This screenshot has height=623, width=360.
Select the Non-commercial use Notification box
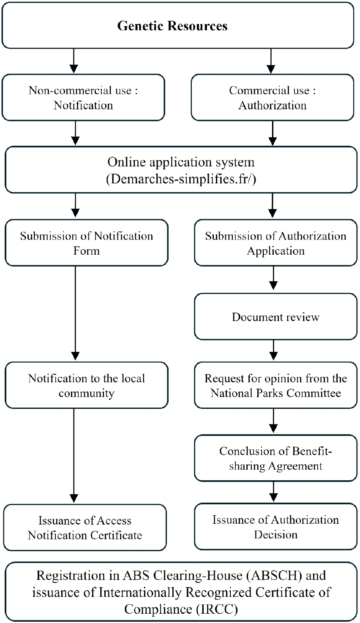(83, 98)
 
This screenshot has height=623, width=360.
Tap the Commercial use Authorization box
(273, 98)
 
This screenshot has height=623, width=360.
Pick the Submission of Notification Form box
(86, 243)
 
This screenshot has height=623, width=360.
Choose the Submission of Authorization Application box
(275, 243)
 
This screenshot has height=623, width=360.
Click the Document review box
(275, 317)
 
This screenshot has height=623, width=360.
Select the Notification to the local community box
(86, 385)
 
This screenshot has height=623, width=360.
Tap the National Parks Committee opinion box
(275, 385)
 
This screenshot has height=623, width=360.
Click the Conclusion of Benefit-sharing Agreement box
(275, 458)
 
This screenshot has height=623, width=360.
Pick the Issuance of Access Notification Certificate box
(85, 528)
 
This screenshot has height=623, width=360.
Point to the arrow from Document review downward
(274, 348)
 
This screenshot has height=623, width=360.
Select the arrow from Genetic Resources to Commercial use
(271, 61)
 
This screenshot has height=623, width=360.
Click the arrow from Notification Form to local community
(75, 313)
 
